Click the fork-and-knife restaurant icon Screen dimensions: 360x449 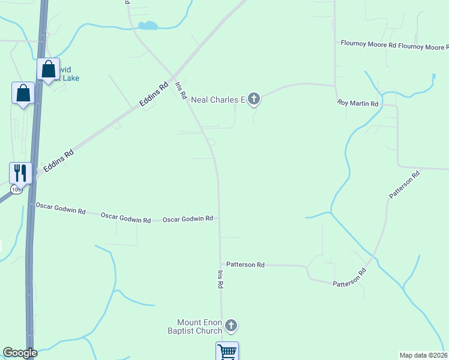click(x=20, y=173)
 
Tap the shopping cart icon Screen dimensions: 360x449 click(x=227, y=352)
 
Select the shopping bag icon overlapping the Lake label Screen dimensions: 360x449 click(x=48, y=68)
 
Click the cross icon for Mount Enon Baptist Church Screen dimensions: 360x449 click(x=231, y=326)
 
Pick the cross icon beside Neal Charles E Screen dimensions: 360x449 click(x=254, y=98)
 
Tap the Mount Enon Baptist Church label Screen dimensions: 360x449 click(x=199, y=326)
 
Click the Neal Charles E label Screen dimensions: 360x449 click(x=218, y=100)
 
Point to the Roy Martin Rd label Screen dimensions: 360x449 click(x=358, y=104)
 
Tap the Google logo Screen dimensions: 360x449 click(x=20, y=353)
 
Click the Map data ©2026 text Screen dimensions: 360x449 click(x=424, y=355)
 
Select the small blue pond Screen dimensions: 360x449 click(x=148, y=26)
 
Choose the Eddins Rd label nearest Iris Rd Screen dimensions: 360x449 click(x=154, y=95)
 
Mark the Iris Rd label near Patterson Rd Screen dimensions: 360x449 click(x=220, y=280)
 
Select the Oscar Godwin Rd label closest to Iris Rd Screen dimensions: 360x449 click(x=188, y=219)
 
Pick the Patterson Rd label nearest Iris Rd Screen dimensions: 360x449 click(x=245, y=265)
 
